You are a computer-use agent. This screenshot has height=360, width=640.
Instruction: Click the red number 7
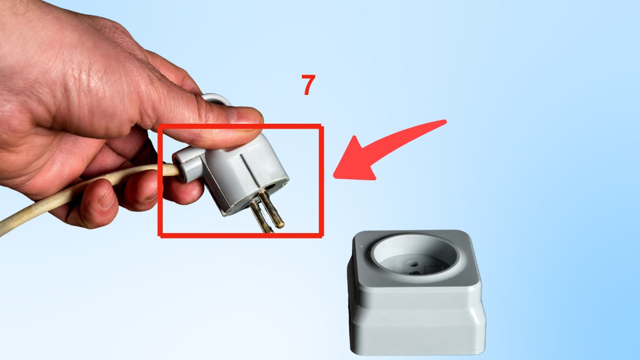[308, 85]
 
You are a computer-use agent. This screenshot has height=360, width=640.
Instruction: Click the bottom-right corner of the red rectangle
[322, 235]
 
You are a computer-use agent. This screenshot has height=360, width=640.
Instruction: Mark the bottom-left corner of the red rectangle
[160, 235]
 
